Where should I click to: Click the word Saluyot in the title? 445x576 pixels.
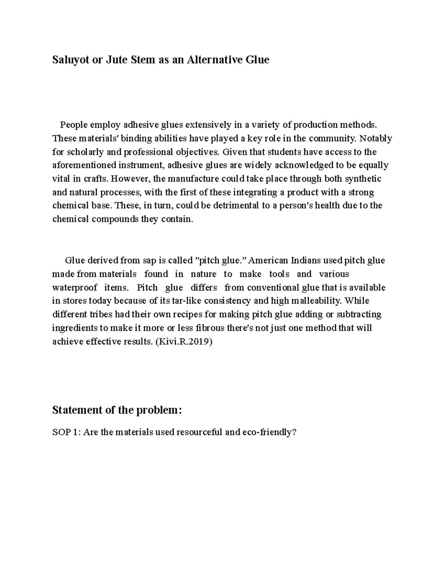point(70,60)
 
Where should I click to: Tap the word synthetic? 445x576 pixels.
point(363,178)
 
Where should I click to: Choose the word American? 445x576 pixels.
point(269,260)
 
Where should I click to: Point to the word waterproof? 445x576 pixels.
point(75,287)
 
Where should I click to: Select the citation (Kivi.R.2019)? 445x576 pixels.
point(184,342)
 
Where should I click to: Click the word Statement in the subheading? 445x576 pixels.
point(77,410)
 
